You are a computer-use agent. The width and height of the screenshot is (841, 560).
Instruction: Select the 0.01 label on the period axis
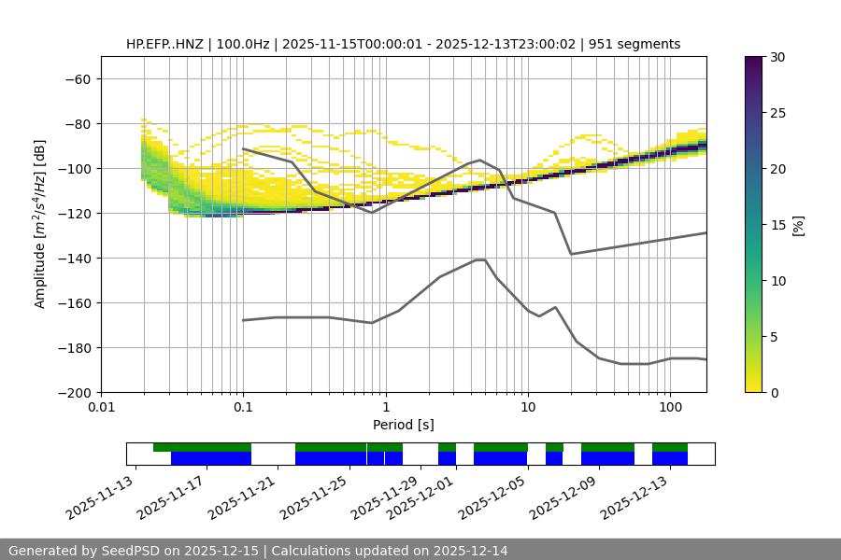point(101,408)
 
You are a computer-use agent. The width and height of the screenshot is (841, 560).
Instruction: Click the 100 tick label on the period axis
point(669,408)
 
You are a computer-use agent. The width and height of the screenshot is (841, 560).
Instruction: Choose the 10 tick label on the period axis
point(527,408)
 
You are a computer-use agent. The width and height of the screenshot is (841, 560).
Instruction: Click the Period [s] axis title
point(403,425)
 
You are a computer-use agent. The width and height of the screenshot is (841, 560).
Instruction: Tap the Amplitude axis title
point(40,224)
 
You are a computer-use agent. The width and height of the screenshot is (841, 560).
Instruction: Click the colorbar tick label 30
point(777,57)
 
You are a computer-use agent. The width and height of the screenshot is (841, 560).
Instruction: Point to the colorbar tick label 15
point(777,225)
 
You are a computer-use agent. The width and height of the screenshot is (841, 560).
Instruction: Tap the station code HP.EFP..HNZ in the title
point(166,44)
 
